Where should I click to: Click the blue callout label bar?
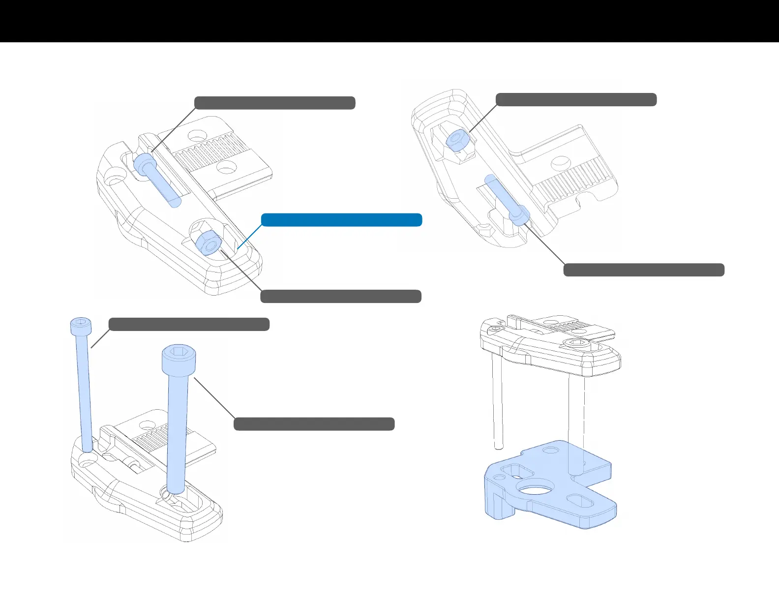[x=341, y=220]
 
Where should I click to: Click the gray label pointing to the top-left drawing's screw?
[x=274, y=103]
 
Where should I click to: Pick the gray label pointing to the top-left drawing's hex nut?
[x=340, y=297]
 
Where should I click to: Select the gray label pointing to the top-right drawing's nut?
[x=576, y=99]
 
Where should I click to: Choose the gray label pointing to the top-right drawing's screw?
[x=643, y=270]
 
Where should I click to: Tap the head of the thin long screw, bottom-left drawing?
[x=81, y=326]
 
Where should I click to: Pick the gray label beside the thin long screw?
[x=189, y=325]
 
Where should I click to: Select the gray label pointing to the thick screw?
[x=314, y=424]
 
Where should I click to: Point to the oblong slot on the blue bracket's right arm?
[x=581, y=502]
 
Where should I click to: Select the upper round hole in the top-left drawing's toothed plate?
[x=198, y=134]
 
